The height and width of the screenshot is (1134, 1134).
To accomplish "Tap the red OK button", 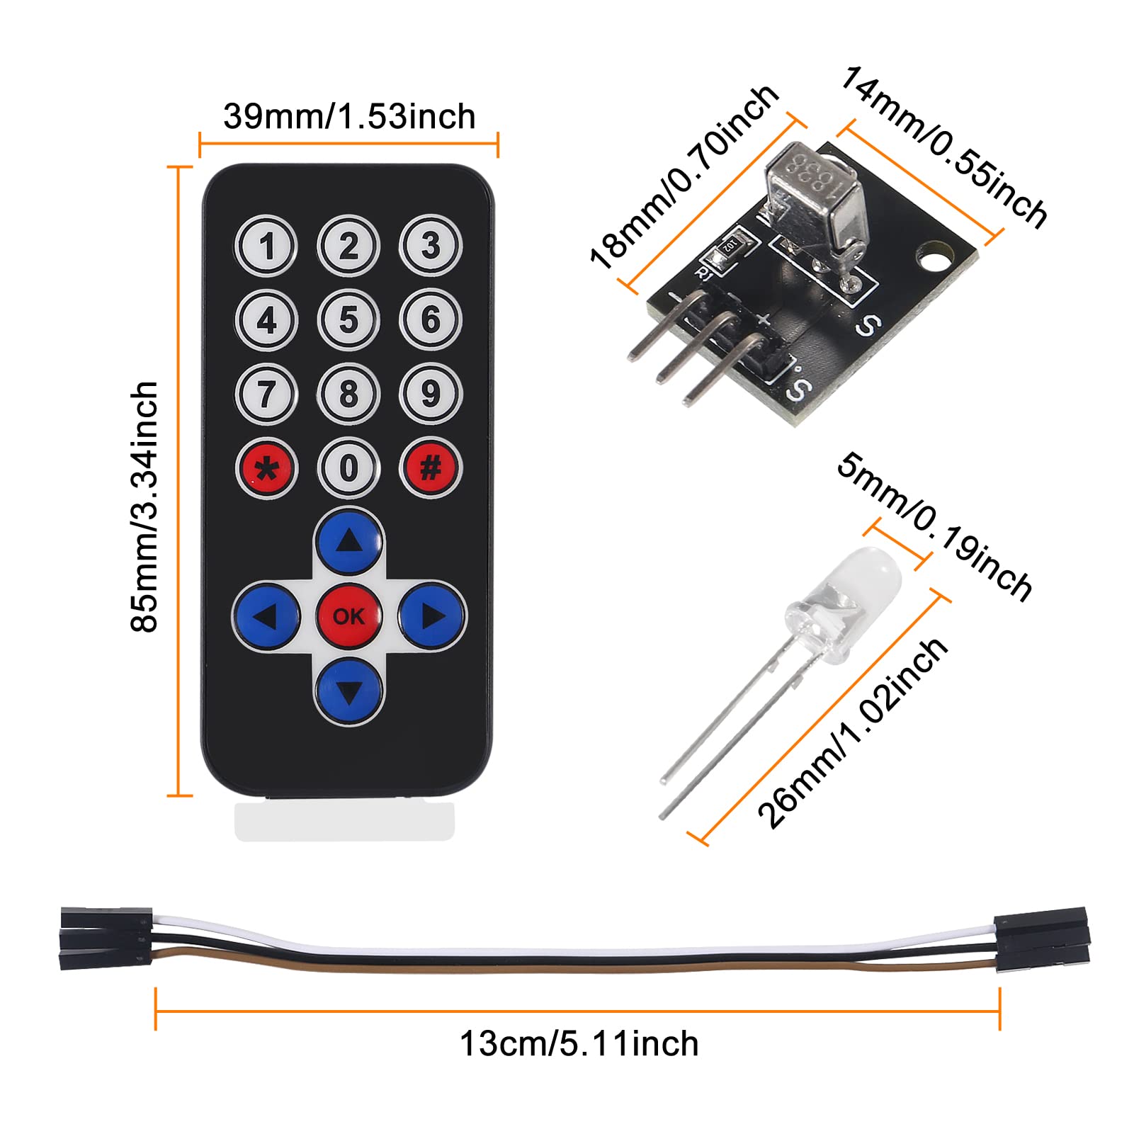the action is [x=348, y=616].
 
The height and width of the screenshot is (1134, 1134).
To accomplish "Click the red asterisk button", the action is [x=266, y=468].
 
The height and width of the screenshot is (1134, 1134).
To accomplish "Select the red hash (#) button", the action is [x=431, y=467].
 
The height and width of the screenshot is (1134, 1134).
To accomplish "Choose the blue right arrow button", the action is [x=432, y=616].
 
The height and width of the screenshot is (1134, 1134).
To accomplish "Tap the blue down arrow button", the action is [x=348, y=690].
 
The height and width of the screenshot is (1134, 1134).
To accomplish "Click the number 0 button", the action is [x=348, y=468].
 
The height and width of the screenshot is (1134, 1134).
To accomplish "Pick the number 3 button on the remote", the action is [x=431, y=246].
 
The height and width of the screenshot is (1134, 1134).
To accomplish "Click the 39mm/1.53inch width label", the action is [x=349, y=117].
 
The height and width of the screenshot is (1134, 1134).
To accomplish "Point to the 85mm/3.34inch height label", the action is [x=145, y=506].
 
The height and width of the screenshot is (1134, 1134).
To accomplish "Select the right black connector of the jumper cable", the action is [x=1041, y=936].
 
